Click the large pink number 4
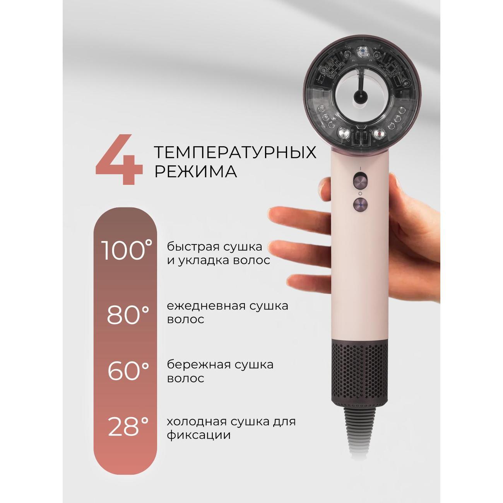[x=119, y=160]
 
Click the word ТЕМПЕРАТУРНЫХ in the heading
[x=235, y=152]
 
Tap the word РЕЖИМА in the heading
[x=196, y=171]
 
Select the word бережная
[x=197, y=364]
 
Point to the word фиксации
[x=198, y=435]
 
